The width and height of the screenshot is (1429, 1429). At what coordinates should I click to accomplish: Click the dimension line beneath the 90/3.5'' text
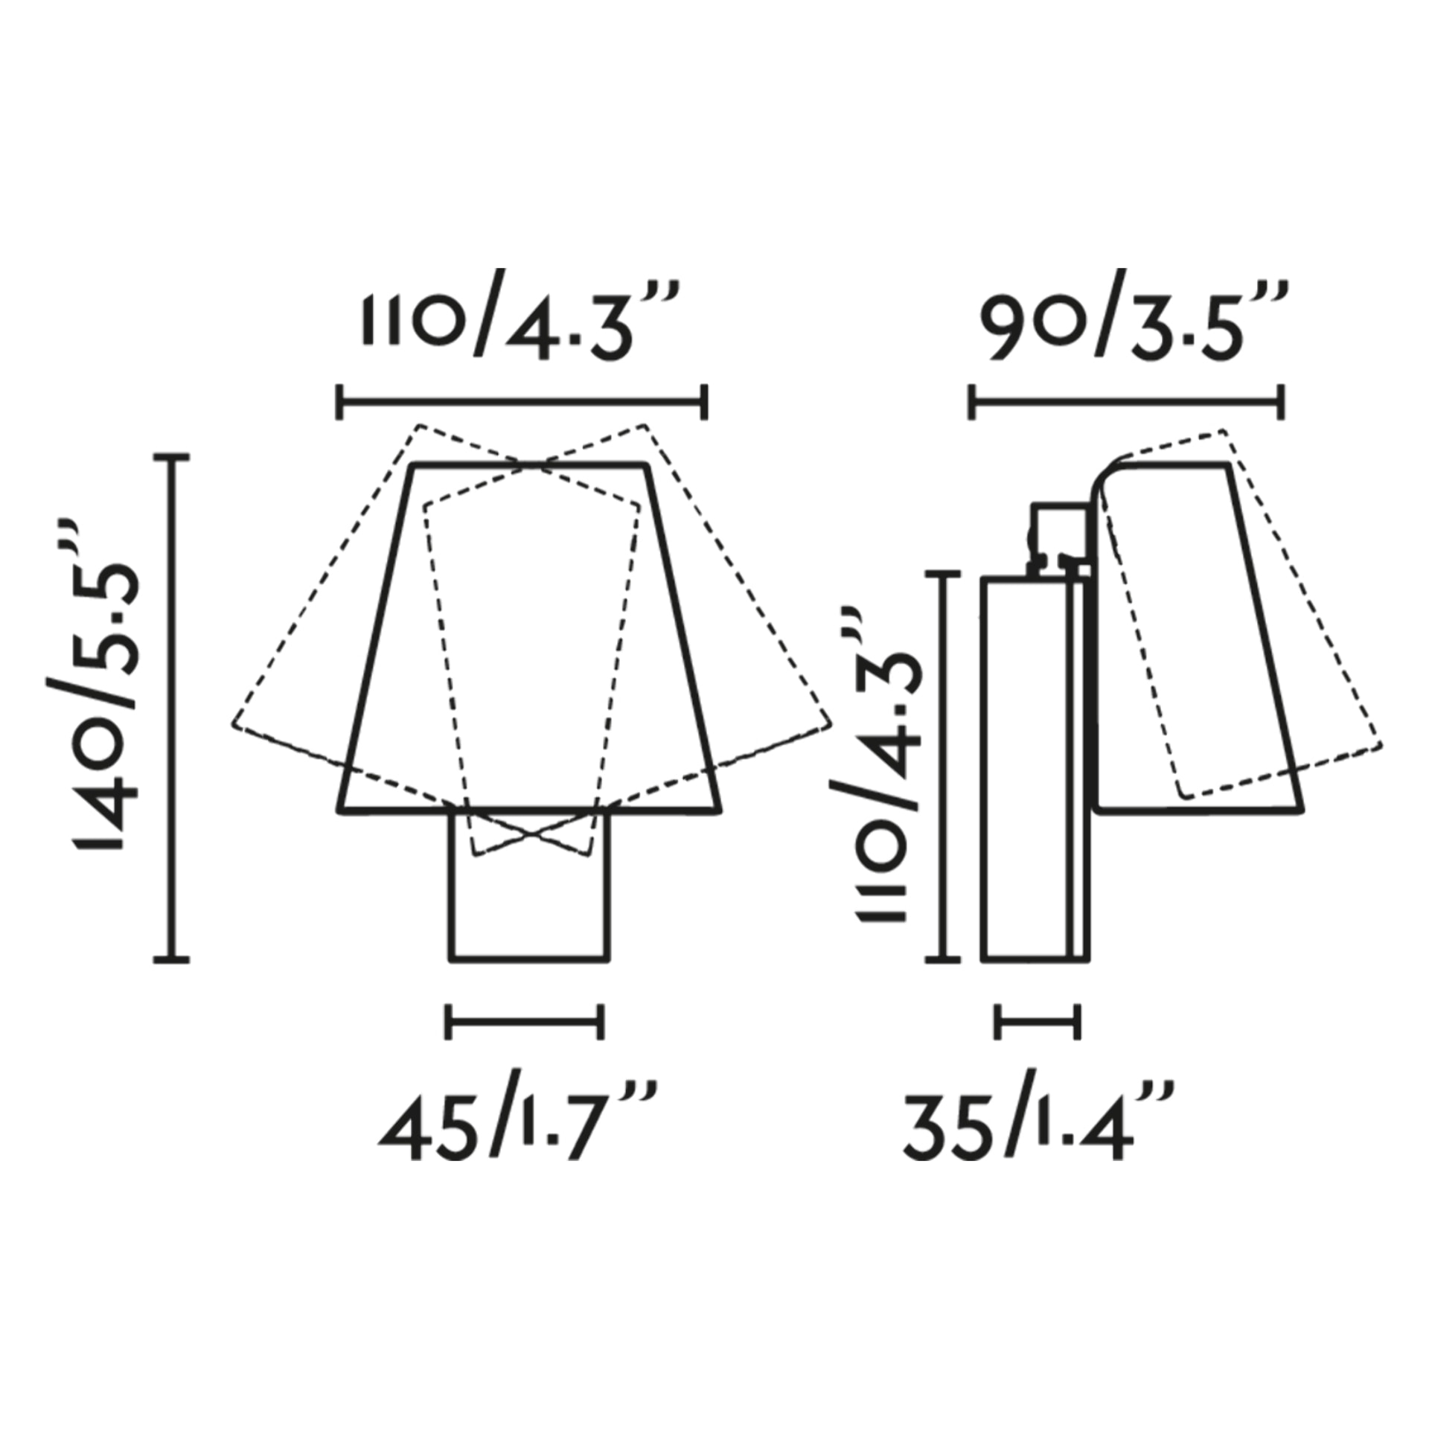pos(1126,403)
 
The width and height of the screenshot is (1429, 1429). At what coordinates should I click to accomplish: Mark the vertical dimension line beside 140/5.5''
pos(172,708)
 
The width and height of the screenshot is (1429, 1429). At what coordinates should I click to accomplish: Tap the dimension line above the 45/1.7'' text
pos(525,1021)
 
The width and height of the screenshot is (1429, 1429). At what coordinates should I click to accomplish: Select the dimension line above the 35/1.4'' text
pos(1038,1021)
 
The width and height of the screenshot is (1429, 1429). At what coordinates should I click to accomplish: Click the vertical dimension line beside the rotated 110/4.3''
pos(944,767)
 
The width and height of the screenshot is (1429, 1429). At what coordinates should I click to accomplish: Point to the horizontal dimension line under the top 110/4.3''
pos(522,403)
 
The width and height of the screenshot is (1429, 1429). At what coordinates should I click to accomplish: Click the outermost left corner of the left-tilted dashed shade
pos(234,724)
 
